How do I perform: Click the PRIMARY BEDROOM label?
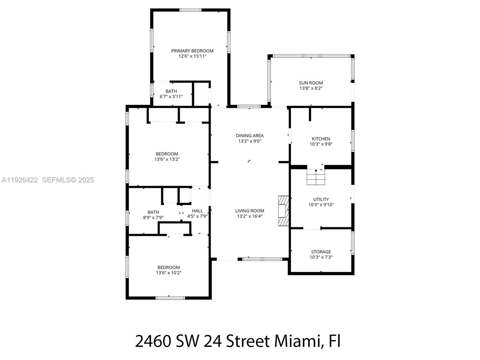pos(192,51)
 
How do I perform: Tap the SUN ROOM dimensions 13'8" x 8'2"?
pos(311,88)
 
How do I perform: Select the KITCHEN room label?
pos(321,139)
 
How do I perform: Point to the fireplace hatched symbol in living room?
pos(283,211)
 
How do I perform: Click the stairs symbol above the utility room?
pos(316,177)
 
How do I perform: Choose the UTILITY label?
pos(321,199)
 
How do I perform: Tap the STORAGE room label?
pos(321,252)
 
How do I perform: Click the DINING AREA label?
pos(250,136)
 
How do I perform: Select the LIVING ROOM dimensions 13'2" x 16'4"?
pos(250,216)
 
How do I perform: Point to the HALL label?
pos(197,211)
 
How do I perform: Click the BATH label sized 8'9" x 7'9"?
pos(153,212)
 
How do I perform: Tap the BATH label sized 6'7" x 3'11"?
pos(171,91)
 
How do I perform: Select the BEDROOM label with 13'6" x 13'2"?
pos(167,154)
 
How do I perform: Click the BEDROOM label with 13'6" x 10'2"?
pos(169,267)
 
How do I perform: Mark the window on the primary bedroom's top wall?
pos(190,10)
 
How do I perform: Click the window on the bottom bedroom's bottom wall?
pos(170,298)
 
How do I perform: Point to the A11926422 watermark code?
pos(20,180)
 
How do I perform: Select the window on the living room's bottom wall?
pos(262,259)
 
